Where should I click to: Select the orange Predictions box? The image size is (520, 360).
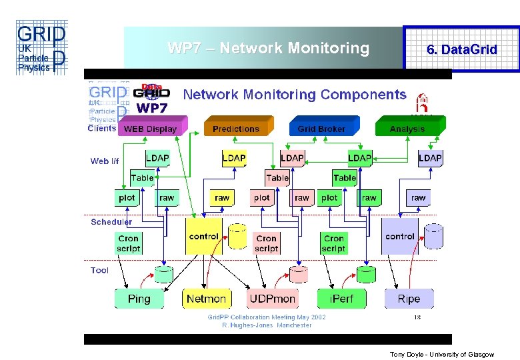point(237,128)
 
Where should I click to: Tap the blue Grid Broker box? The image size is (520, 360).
point(322,128)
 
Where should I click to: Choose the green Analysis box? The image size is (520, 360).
point(407,128)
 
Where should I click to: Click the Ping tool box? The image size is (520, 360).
point(139,299)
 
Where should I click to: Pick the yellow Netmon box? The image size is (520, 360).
point(207,299)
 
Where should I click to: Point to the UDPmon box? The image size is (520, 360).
point(273,299)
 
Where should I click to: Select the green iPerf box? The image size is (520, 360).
point(341,299)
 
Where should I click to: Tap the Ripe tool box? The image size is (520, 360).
point(409,299)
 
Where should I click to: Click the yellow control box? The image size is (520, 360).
point(204,237)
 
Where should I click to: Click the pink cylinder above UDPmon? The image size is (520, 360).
point(299,273)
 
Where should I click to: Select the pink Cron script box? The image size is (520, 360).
point(267,243)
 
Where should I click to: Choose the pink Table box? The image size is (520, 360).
point(277,178)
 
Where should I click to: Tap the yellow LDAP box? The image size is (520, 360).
point(234,158)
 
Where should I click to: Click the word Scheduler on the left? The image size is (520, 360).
point(111,222)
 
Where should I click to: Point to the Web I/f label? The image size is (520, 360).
point(105,161)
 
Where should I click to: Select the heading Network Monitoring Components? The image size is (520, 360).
point(294,95)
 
